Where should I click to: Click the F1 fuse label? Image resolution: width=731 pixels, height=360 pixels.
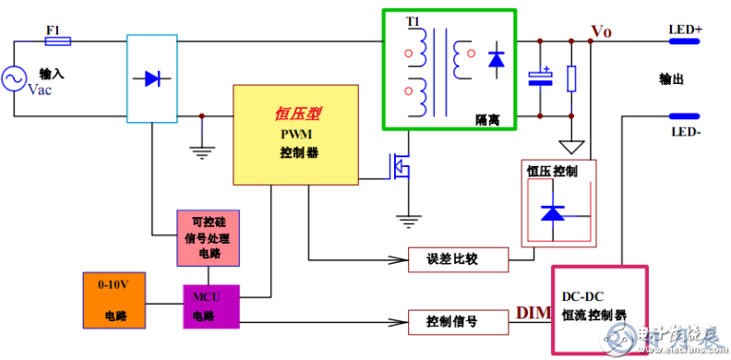(x=54, y=30)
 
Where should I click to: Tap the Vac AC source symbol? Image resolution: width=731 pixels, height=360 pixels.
(x=16, y=80)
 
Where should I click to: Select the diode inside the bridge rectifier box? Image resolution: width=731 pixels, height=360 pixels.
(x=151, y=79)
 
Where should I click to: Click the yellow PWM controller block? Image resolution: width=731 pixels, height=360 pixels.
(x=294, y=133)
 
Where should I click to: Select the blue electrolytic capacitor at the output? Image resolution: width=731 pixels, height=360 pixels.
(x=540, y=78)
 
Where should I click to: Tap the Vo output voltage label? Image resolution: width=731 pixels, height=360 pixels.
(x=601, y=31)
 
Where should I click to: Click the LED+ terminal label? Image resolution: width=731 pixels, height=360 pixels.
(x=685, y=29)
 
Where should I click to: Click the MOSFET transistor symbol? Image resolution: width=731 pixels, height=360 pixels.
(x=400, y=166)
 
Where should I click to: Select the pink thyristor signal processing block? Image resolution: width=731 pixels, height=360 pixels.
(x=208, y=236)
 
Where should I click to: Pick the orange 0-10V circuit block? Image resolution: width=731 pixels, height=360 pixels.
(x=115, y=300)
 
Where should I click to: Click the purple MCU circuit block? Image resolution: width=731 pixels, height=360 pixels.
(x=210, y=304)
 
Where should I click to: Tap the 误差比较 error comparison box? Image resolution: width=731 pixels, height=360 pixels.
(x=458, y=259)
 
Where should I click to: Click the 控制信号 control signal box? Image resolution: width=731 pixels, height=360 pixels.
(x=458, y=323)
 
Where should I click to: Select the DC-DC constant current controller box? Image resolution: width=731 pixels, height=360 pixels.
(x=599, y=309)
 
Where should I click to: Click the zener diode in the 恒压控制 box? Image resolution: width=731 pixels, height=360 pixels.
(x=553, y=213)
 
